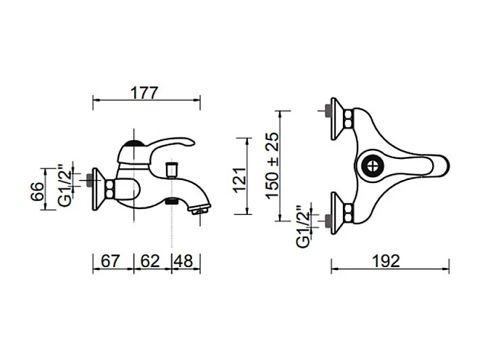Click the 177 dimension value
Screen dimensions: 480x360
(144, 93)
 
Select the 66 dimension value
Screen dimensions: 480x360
(38, 192)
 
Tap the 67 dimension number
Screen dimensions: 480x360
(110, 261)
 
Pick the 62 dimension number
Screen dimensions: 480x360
(150, 261)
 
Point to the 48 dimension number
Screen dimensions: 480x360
(183, 261)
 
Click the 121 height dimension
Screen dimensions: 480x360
(240, 180)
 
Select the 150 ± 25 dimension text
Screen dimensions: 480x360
(273, 165)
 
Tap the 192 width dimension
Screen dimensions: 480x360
(386, 261)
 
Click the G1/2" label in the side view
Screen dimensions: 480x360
(65, 186)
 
